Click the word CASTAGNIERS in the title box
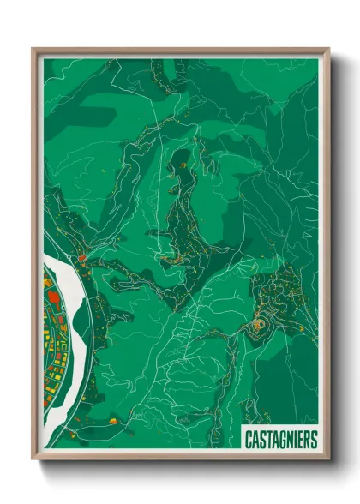tap(280, 440)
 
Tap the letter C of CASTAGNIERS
tap(249, 440)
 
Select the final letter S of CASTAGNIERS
tap(313, 440)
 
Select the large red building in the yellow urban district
tap(52, 297)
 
